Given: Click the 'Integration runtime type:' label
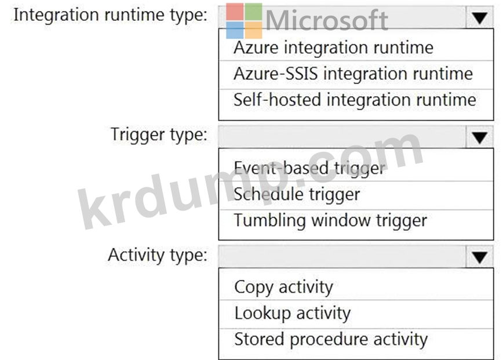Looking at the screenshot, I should point(110,15).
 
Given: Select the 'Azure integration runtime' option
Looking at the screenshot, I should point(333,48).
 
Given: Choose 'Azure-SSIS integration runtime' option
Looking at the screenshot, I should point(353,74).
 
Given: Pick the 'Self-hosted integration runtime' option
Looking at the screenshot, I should point(355,100).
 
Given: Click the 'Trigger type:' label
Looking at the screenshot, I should point(159,135).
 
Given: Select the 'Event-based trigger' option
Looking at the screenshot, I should point(309,168).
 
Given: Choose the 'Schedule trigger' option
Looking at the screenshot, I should point(297,194).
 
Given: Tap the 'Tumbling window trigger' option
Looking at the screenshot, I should point(330,220).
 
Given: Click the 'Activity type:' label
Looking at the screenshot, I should point(157,255).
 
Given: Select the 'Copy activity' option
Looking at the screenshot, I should point(283,287).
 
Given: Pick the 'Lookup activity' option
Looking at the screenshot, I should point(292,313).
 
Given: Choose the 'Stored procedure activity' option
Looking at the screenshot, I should point(331,339).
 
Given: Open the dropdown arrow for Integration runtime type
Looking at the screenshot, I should point(479,18).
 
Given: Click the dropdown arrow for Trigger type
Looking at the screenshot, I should point(479,137).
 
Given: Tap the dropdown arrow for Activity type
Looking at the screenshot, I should point(479,257).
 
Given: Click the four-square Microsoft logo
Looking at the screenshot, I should point(244,21).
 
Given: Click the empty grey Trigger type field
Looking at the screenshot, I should point(342,137).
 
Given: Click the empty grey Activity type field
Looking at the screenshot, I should point(342,256).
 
